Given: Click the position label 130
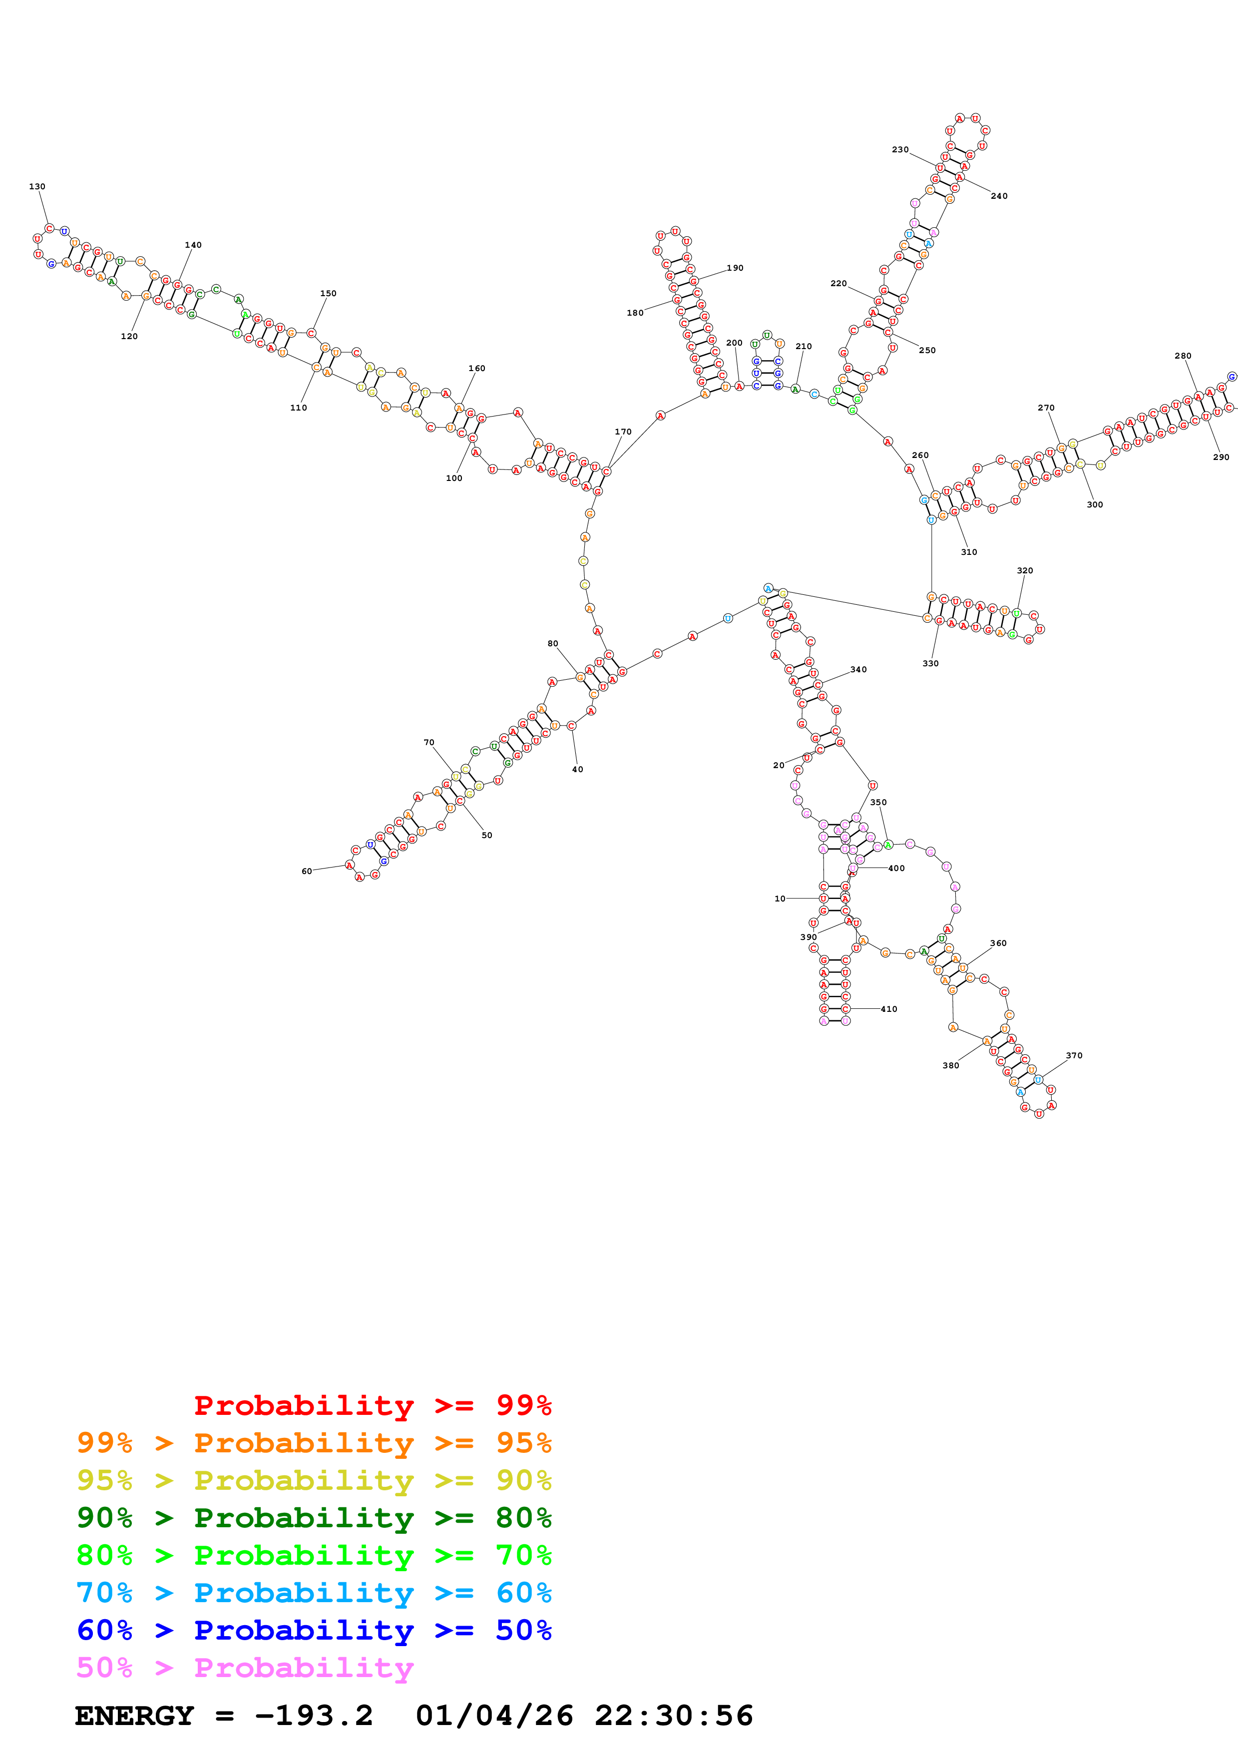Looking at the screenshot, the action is click(36, 186).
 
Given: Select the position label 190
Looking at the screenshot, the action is click(735, 268).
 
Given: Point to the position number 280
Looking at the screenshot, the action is click(1182, 356).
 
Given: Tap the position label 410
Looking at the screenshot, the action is click(888, 1009).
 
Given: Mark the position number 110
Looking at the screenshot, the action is click(298, 408).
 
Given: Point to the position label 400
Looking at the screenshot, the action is click(896, 869).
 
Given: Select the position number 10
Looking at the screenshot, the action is click(780, 899).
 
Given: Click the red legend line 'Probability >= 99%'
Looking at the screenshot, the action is click(372, 1405).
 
